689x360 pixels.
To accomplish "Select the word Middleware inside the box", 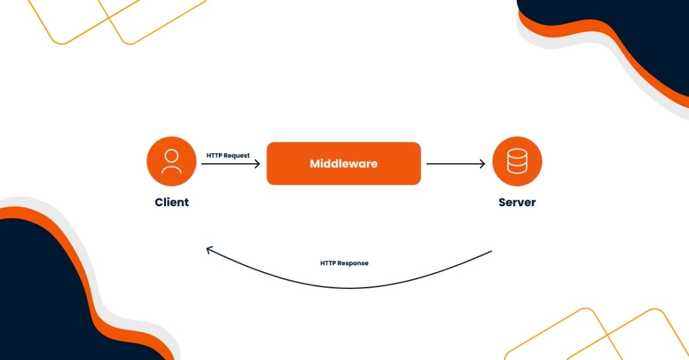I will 343,164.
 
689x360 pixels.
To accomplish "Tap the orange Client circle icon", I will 171,161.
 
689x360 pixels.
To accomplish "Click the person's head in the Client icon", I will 171,155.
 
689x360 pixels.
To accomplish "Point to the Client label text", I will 171,202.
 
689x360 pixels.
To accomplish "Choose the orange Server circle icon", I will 517,161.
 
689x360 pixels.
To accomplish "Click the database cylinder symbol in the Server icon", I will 517,161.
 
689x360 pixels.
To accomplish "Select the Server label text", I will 517,202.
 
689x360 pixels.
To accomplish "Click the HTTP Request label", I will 228,156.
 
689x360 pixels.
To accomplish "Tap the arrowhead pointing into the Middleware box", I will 257,164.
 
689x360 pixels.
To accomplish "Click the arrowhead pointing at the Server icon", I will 482,164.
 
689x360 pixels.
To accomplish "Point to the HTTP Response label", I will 344,263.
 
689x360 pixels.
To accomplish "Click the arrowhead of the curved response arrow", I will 209,250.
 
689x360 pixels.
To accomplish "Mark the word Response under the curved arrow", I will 353,263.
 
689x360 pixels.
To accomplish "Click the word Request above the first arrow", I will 237,156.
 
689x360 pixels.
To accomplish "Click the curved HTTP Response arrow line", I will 344,287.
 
